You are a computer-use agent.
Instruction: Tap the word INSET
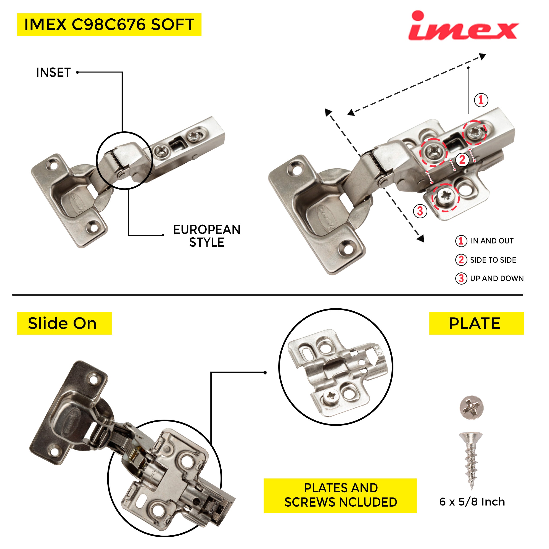click(x=54, y=73)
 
